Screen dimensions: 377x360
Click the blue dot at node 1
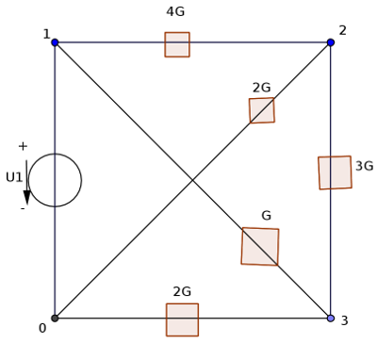55,42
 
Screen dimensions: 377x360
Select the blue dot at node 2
331,42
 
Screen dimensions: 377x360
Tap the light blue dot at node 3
331,319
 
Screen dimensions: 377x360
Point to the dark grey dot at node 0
55,319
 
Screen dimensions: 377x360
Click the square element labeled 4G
177,44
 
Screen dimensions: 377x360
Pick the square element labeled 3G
335,172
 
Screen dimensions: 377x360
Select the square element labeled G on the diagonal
260,247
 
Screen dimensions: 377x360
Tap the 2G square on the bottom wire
182,319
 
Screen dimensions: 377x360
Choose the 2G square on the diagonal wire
262,110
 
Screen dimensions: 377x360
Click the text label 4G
175,11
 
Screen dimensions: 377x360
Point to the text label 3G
365,166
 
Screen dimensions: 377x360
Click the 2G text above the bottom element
182,292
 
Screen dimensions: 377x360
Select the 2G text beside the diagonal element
262,88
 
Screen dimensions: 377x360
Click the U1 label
14,177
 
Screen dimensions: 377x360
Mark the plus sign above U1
23,146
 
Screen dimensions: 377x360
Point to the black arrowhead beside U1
26,198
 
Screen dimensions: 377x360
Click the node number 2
343,30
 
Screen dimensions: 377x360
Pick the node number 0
42,328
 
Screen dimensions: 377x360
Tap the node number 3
345,320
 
